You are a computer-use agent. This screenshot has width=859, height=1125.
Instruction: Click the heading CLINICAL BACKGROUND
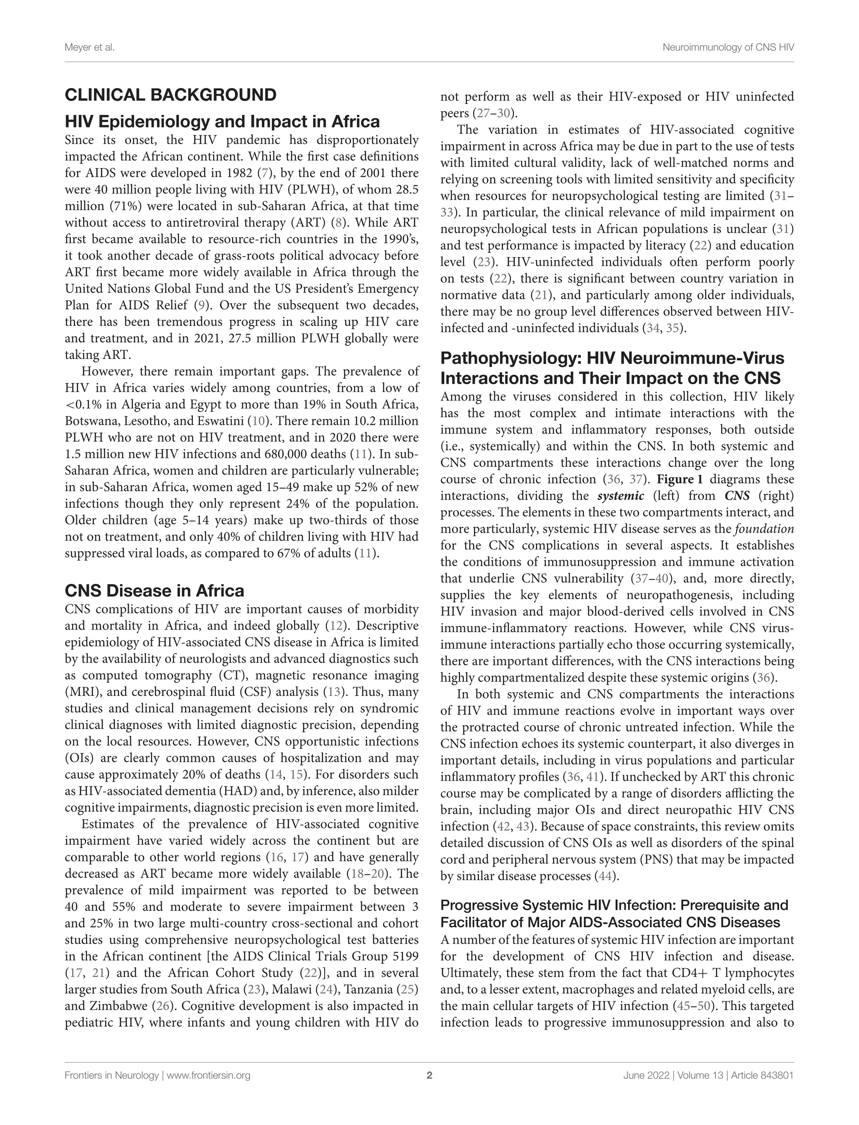click(170, 95)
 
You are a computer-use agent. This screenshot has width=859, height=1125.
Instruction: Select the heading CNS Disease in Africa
click(154, 591)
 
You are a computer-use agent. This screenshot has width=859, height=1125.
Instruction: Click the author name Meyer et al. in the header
click(89, 47)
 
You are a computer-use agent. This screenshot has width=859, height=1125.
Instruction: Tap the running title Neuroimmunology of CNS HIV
click(728, 47)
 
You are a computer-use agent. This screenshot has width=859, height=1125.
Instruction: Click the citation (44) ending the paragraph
click(607, 876)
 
